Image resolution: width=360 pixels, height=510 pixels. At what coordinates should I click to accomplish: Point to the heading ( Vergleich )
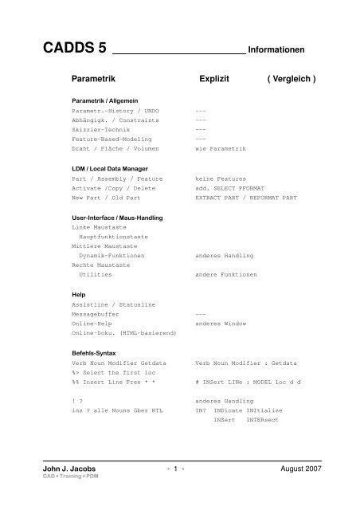tap(292, 80)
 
